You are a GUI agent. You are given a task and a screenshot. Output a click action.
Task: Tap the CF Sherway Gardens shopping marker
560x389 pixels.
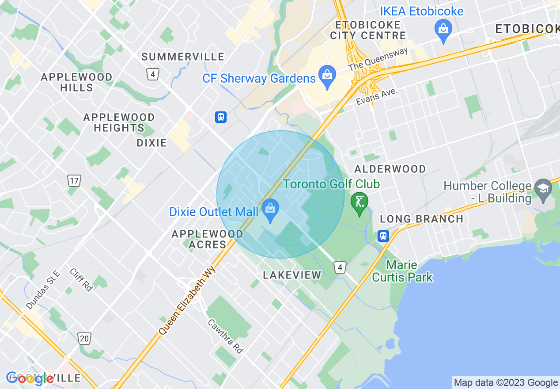tap(327, 74)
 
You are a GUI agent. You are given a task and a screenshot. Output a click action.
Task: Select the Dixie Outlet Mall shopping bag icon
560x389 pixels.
tap(270, 208)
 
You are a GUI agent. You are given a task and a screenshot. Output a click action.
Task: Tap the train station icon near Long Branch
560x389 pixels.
tap(383, 236)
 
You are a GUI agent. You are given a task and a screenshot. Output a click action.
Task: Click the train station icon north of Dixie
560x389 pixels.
tap(221, 117)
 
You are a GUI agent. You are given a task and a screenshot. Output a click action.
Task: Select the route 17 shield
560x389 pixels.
tap(74, 180)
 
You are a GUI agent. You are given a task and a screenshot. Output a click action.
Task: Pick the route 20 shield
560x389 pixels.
tap(84, 339)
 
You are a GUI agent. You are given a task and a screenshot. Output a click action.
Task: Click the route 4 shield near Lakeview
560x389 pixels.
tap(339, 267)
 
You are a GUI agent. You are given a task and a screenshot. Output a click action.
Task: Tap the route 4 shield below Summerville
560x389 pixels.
tap(152, 74)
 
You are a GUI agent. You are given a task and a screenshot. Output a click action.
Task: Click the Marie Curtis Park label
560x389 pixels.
tap(402, 271)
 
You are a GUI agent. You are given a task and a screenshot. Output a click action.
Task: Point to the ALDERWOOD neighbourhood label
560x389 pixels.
tap(390, 169)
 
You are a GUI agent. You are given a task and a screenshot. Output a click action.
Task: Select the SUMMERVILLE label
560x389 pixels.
tap(183, 57)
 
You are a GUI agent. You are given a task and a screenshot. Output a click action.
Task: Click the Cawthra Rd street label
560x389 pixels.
tap(225, 336)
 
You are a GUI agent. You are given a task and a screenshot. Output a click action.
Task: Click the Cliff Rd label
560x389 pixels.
tap(81, 279)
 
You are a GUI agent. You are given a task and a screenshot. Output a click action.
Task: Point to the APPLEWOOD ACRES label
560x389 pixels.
tap(207, 239)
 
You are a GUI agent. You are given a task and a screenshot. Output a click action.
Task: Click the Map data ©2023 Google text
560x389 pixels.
tap(506, 383)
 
